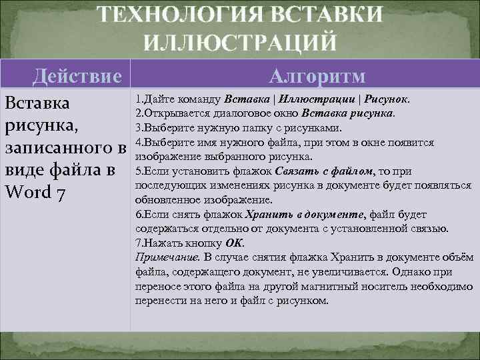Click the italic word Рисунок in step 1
click(x=386, y=99)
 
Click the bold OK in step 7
click(x=237, y=243)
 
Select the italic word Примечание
click(x=166, y=257)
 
